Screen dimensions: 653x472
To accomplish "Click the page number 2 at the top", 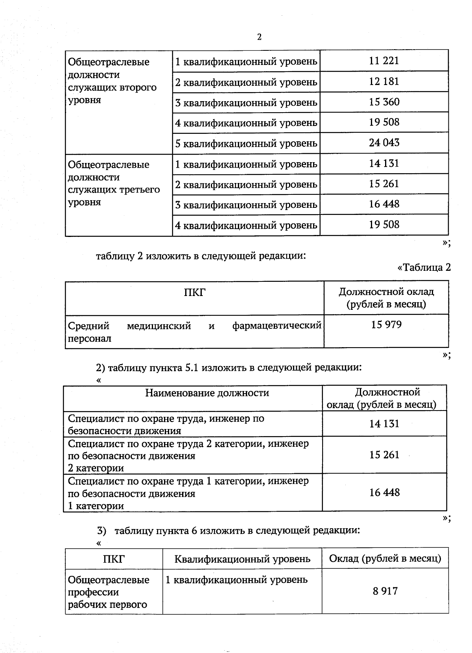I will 259,37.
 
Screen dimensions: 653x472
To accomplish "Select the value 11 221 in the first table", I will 384,61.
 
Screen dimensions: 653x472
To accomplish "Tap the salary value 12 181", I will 384,81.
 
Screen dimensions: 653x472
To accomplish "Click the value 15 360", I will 384,102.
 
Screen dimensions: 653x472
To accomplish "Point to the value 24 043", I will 384,142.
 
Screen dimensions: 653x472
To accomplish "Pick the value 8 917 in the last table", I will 385,591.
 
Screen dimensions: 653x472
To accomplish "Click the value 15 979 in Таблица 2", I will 386,325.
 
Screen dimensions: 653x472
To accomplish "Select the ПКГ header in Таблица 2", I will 195,292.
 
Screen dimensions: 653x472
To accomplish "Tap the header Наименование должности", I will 207,393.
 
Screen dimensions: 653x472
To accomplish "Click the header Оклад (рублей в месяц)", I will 385,559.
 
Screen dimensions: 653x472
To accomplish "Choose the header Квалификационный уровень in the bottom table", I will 242,559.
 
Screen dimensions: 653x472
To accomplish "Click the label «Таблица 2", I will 424,268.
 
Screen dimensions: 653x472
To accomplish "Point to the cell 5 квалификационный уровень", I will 246,143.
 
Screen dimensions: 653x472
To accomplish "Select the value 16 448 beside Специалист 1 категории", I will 384,492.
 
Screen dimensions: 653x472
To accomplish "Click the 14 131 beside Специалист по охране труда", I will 384,424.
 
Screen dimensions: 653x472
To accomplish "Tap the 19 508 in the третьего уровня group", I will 384,225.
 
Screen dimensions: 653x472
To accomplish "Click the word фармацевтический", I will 277,326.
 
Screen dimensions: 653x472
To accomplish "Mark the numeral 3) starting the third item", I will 101,531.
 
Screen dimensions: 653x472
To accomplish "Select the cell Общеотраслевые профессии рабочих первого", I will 109,592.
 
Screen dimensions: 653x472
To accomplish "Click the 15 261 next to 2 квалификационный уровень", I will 384,184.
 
